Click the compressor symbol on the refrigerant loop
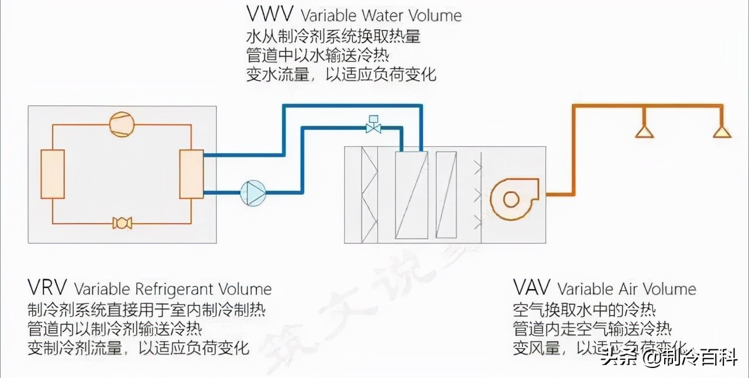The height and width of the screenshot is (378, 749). pyautogui.click(x=122, y=122)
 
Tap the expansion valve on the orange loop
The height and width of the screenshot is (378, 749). pyautogui.click(x=122, y=223)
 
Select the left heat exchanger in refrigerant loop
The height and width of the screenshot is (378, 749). pyautogui.click(x=52, y=174)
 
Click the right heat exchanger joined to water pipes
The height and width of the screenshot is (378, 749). pyautogui.click(x=191, y=174)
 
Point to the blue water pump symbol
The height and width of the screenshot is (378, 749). pyautogui.click(x=253, y=192)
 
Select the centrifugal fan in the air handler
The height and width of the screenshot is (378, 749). pyautogui.click(x=511, y=200)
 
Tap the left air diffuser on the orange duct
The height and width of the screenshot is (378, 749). pyautogui.click(x=644, y=131)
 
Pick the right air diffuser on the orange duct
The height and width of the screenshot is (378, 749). pyautogui.click(x=722, y=131)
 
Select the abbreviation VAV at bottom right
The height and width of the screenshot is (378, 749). pyautogui.click(x=532, y=288)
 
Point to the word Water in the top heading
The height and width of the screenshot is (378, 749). pyautogui.click(x=382, y=15)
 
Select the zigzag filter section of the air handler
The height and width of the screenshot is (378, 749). pyautogui.click(x=369, y=195)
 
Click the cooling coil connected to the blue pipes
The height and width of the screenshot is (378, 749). pyautogui.click(x=411, y=195)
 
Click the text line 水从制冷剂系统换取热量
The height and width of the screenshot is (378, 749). pyautogui.click(x=333, y=36)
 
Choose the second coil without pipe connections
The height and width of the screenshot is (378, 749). pyautogui.click(x=446, y=195)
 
